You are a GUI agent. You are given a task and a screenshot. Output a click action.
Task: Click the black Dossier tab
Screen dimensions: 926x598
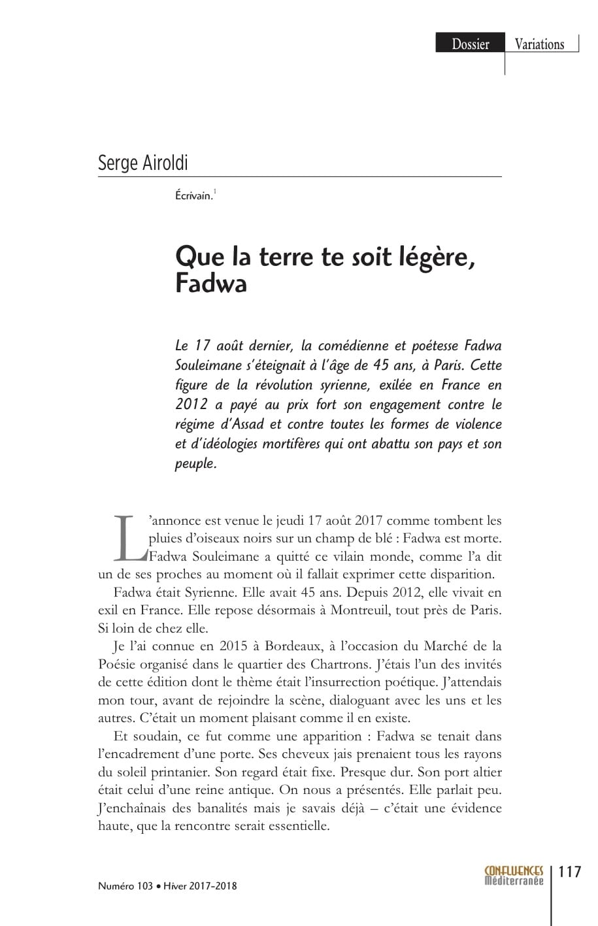pyautogui.click(x=470, y=44)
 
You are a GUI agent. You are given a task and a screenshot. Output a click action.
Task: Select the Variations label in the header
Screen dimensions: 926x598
pyautogui.click(x=539, y=44)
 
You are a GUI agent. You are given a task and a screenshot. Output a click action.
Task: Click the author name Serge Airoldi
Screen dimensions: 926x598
pyautogui.click(x=142, y=162)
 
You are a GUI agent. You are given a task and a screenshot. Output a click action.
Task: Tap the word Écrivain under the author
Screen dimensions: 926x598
pyautogui.click(x=193, y=195)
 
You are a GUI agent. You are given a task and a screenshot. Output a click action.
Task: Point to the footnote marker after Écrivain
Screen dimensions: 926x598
pyautogui.click(x=215, y=192)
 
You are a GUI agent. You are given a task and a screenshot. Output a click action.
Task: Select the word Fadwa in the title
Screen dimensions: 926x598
pyautogui.click(x=210, y=285)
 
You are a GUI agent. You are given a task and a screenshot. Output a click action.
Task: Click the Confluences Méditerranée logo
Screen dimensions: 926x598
pyautogui.click(x=514, y=876)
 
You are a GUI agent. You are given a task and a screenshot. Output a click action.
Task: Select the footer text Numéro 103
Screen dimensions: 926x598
pyautogui.click(x=125, y=886)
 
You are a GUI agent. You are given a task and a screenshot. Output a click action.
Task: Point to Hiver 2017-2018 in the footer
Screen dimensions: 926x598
pyautogui.click(x=199, y=886)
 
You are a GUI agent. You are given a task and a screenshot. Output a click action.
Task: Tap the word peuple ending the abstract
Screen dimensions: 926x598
pyautogui.click(x=195, y=464)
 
